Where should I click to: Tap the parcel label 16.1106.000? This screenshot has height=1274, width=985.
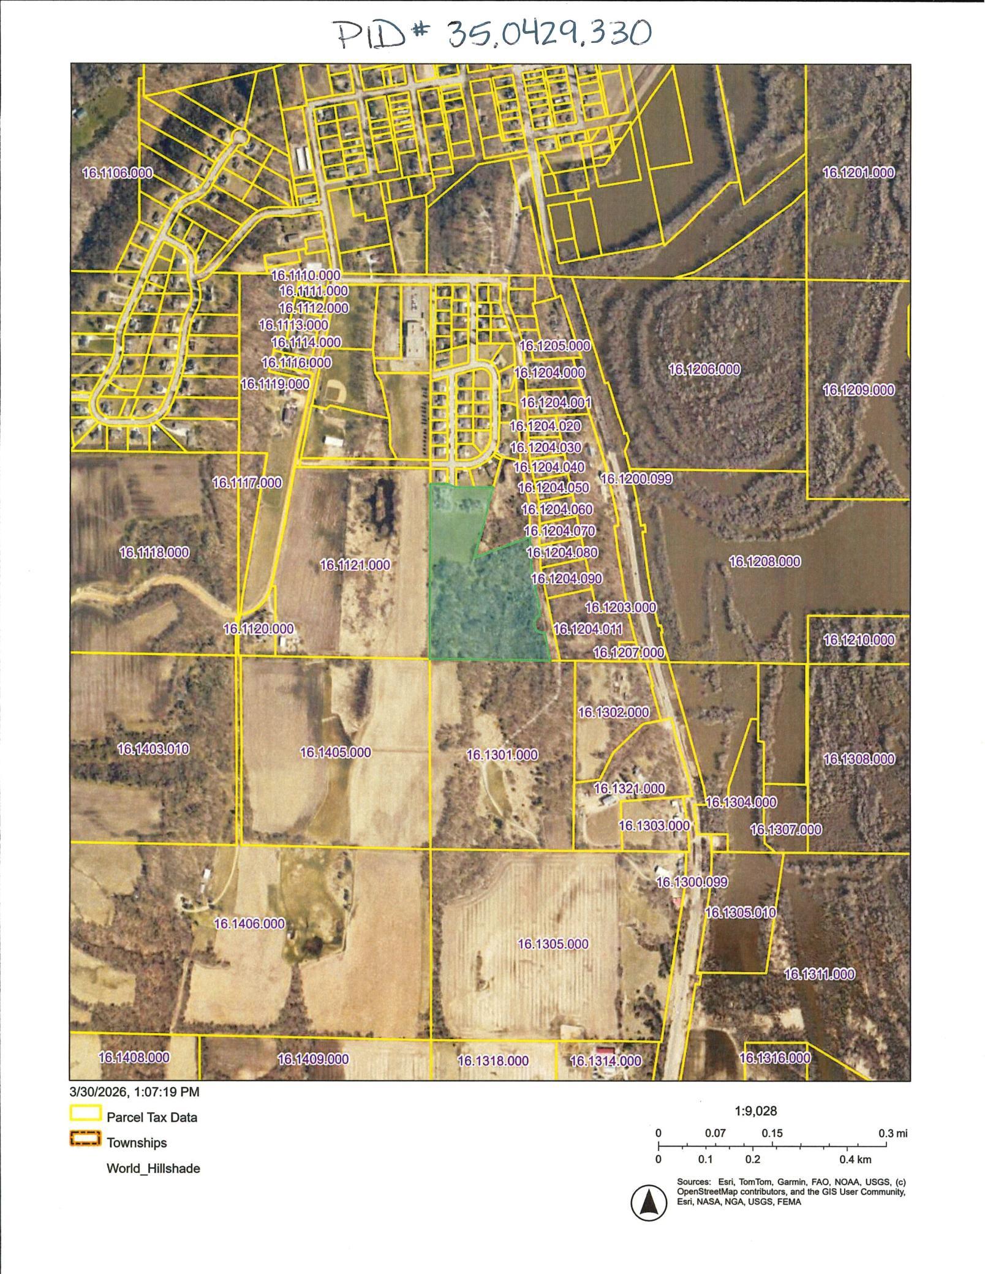click(x=117, y=173)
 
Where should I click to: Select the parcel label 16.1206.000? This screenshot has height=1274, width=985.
click(x=704, y=369)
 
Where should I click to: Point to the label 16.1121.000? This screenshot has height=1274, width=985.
click(x=355, y=565)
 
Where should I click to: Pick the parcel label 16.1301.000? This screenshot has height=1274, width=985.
click(x=502, y=755)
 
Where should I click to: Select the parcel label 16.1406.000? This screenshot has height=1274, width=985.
click(x=249, y=923)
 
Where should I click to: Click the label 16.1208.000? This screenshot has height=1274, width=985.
click(x=764, y=561)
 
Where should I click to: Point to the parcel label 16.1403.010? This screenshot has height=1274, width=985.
click(x=153, y=749)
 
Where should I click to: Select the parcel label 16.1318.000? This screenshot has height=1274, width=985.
click(x=492, y=1061)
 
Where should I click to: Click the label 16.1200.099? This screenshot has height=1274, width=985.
click(x=636, y=479)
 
